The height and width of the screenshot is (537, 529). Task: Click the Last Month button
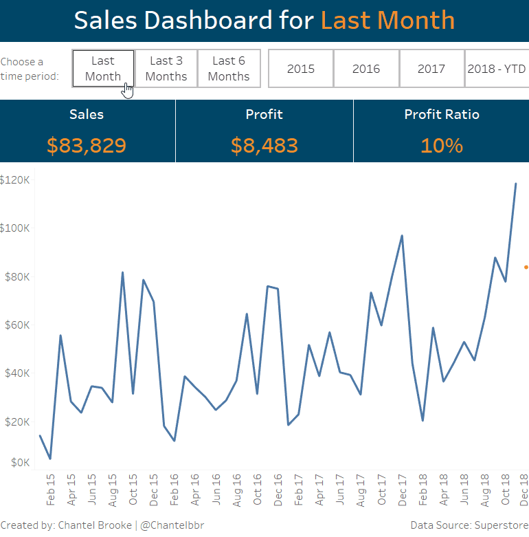pyautogui.click(x=103, y=69)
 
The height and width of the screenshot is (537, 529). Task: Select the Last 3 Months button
pyautogui.click(x=166, y=69)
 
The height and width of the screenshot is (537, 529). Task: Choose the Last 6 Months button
pyautogui.click(x=229, y=69)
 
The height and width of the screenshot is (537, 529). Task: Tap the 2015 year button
pyautogui.click(x=301, y=69)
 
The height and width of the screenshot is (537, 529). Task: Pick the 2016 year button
pyautogui.click(x=366, y=69)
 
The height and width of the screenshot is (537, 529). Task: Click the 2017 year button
pyautogui.click(x=431, y=69)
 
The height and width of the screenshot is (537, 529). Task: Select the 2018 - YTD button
pyautogui.click(x=496, y=69)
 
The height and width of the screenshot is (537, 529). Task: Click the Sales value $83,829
pyautogui.click(x=87, y=145)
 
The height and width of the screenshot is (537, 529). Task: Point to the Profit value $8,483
pyautogui.click(x=264, y=145)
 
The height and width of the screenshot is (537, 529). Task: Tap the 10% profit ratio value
pyautogui.click(x=442, y=145)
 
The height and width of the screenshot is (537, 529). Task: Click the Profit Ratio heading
pyautogui.click(x=442, y=115)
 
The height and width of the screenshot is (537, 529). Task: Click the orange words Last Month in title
pyautogui.click(x=387, y=20)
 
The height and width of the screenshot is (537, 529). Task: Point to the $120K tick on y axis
pyautogui.click(x=14, y=180)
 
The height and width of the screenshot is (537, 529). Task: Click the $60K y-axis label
pyautogui.click(x=16, y=325)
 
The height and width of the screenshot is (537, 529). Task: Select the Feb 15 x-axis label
pyautogui.click(x=50, y=490)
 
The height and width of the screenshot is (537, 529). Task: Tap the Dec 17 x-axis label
pyautogui.click(x=402, y=490)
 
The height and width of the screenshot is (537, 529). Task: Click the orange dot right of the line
pyautogui.click(x=526, y=267)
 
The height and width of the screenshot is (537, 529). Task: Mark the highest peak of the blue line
pyautogui.click(x=515, y=184)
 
